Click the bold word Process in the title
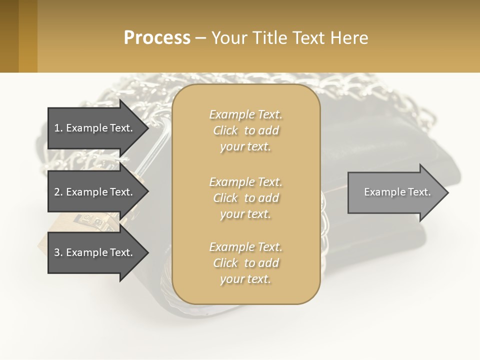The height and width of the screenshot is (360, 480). (x=156, y=38)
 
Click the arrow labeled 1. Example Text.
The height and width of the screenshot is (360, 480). (x=93, y=128)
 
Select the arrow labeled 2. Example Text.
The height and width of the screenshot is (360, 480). (x=93, y=192)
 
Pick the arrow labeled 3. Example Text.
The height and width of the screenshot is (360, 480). (x=93, y=252)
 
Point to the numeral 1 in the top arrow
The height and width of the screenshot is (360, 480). (x=57, y=128)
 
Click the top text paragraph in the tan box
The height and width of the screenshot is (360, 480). (x=245, y=130)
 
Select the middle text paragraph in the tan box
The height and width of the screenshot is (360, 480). (x=245, y=197)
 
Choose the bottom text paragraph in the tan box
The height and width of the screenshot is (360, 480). (x=245, y=263)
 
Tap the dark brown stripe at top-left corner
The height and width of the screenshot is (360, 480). (x=9, y=36)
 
